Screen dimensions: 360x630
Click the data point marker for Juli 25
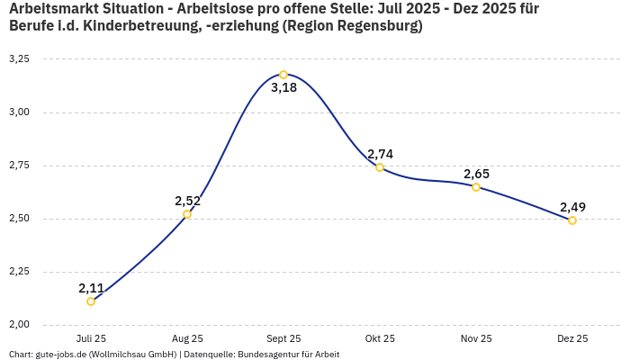[x=91, y=301]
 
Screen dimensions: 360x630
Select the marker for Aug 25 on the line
[x=187, y=214]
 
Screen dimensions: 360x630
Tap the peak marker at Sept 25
[x=283, y=75]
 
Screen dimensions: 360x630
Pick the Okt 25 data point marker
[x=380, y=167]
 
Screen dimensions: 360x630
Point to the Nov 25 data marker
[x=476, y=187]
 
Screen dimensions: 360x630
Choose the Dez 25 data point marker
[x=572, y=220]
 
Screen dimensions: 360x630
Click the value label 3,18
[x=283, y=88]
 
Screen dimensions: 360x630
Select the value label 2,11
[x=91, y=288]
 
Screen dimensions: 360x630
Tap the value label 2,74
[x=380, y=154]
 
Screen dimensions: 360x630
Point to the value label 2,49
[x=572, y=207]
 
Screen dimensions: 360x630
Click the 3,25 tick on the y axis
[x=19, y=58]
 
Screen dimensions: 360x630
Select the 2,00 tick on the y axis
[x=19, y=324]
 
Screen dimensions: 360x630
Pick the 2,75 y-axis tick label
[x=19, y=165]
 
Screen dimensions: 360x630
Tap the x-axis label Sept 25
[x=283, y=338]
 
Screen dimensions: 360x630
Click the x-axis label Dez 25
[x=572, y=338]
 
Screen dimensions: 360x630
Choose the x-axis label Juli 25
[x=91, y=338]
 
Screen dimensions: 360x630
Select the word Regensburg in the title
[x=375, y=26]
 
